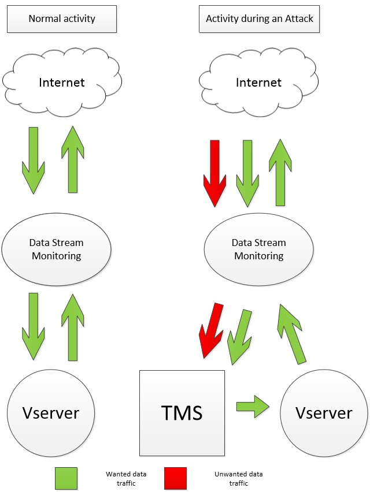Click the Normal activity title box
[62, 19]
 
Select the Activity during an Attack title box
[259, 19]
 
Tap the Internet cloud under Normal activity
[62, 82]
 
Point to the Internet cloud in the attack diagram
[258, 82]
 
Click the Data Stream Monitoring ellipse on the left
[57, 249]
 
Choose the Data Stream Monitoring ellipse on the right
[259, 249]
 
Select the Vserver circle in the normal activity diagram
[51, 413]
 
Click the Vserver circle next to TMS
[324, 413]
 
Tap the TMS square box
[182, 413]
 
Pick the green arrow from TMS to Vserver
[253, 407]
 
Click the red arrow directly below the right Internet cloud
[214, 173]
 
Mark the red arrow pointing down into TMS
[210, 330]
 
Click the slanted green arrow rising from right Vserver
[291, 334]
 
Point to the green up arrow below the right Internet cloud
[280, 173]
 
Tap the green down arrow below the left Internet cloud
[34, 161]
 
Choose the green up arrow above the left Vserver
[73, 327]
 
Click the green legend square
[66, 479]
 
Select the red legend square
[175, 479]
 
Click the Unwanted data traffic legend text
[239, 479]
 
